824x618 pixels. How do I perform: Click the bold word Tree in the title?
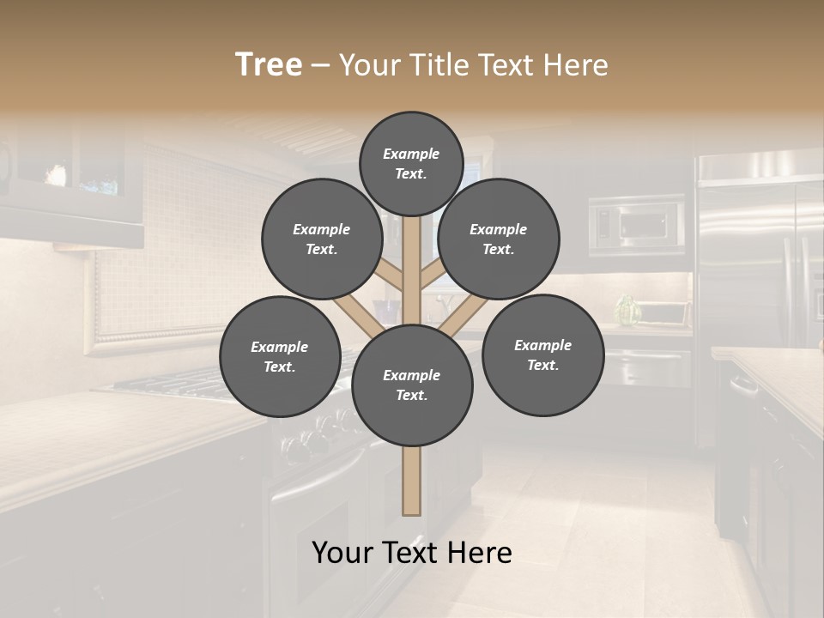click(269, 64)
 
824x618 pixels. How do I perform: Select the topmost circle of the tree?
click(411, 163)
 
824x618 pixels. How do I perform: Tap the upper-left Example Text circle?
click(321, 239)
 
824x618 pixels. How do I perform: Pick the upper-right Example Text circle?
click(498, 239)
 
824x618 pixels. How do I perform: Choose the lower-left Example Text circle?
click(279, 356)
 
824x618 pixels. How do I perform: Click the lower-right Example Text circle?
click(542, 354)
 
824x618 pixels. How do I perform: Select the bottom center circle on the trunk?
click(412, 385)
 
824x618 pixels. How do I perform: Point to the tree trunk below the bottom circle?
click(412, 481)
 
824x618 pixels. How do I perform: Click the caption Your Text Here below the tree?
click(411, 553)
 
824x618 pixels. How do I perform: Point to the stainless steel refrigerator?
click(755, 257)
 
